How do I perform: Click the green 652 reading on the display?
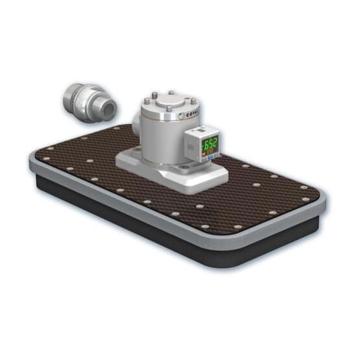click(x=211, y=143)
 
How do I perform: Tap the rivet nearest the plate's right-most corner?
click(x=305, y=187)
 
